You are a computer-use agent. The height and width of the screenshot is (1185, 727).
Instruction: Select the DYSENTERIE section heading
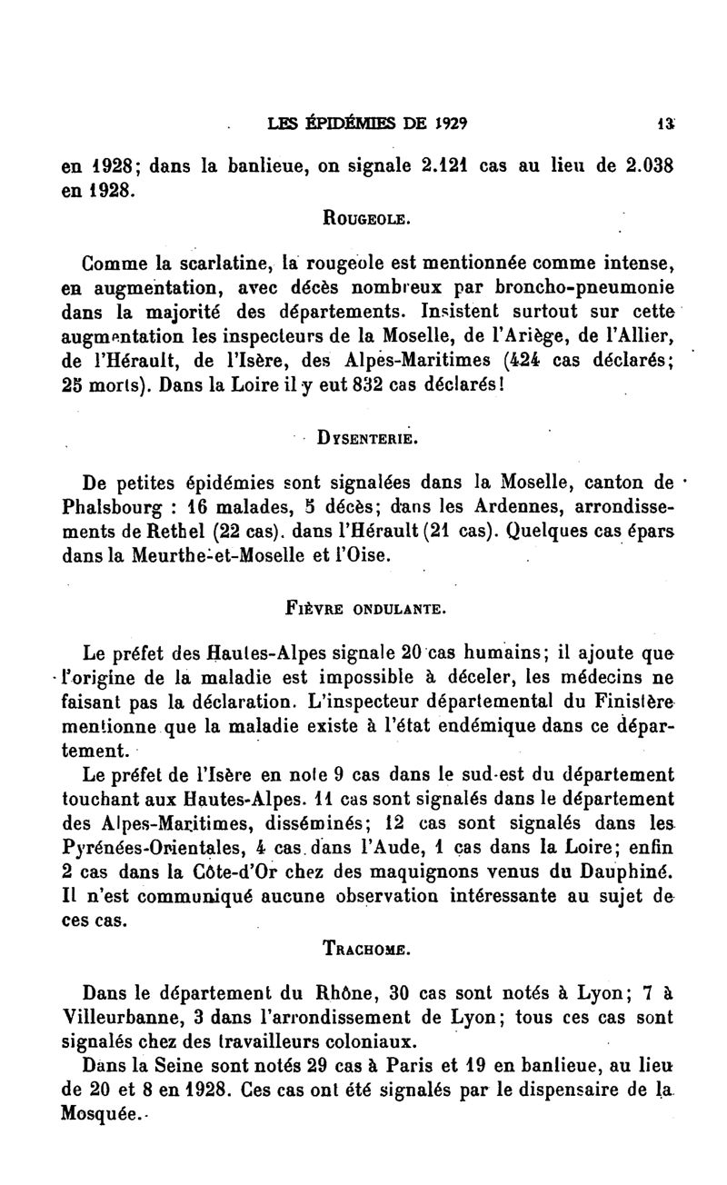click(x=366, y=437)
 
